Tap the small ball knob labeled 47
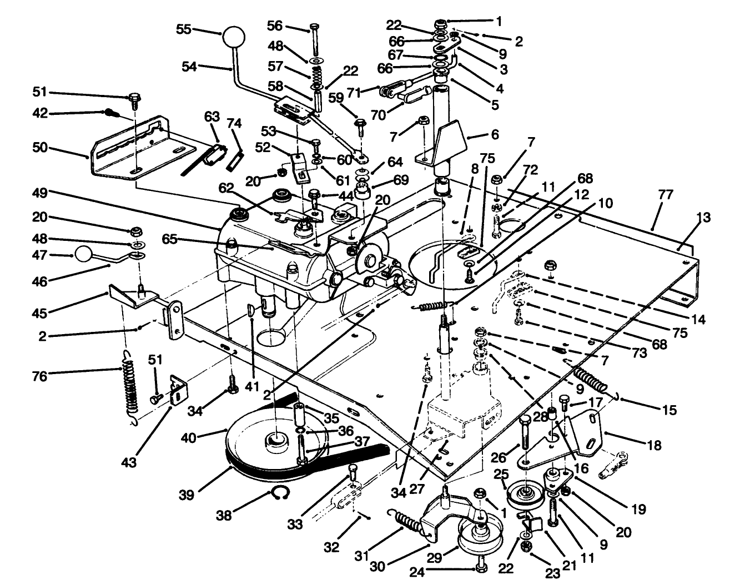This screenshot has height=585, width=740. coord(83,255)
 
